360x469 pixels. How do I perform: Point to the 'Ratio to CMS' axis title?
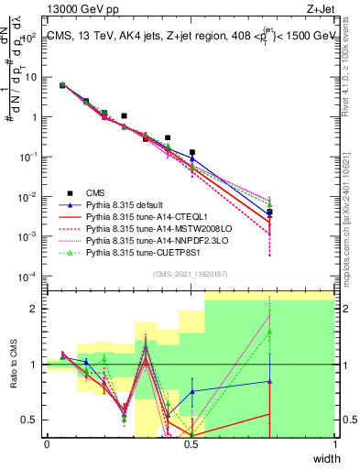(x=12, y=365)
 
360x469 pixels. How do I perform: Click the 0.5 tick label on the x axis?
(x=191, y=443)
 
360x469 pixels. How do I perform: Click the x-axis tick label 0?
(x=47, y=443)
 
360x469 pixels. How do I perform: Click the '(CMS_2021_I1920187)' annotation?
(x=190, y=273)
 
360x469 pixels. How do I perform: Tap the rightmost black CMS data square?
(x=268, y=213)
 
